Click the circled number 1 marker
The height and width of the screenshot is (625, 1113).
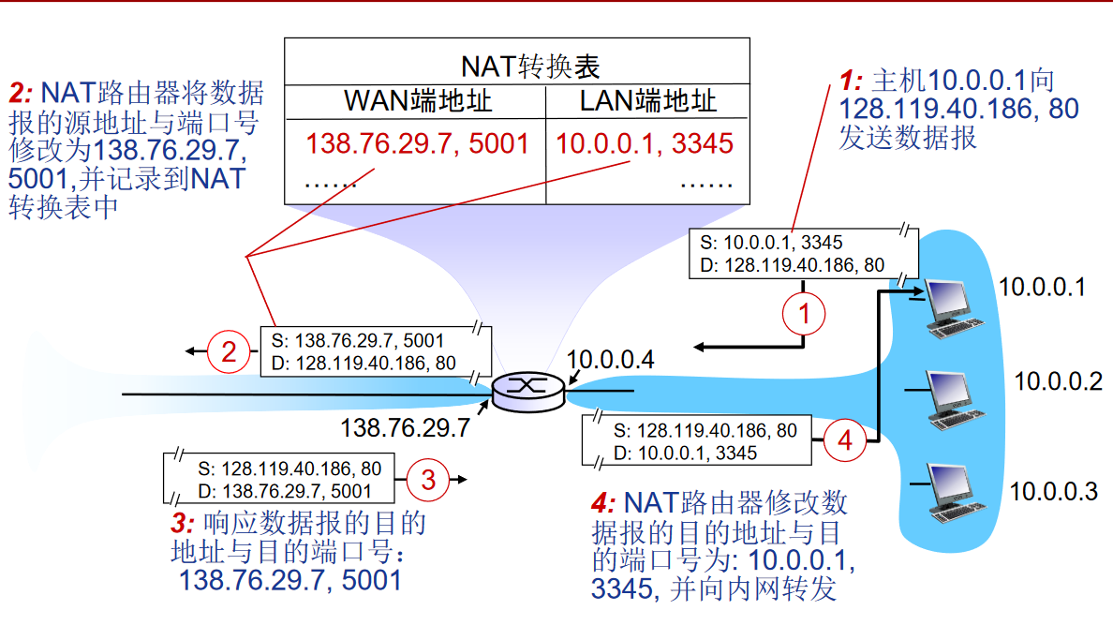(x=803, y=314)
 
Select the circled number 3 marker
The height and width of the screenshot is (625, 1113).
(x=428, y=480)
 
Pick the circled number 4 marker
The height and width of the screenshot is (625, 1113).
(x=845, y=439)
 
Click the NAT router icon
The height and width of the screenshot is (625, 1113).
(x=528, y=389)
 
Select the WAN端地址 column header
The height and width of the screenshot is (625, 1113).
(x=417, y=101)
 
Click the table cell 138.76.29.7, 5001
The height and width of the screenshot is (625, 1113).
(x=417, y=143)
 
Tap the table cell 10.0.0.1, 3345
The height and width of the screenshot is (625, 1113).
(x=645, y=143)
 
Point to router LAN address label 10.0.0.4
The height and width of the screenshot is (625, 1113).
(x=610, y=358)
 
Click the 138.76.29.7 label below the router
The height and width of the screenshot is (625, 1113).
(x=404, y=428)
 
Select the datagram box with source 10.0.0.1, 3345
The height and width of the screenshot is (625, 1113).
(x=793, y=254)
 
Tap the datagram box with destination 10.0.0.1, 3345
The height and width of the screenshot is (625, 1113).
(x=697, y=441)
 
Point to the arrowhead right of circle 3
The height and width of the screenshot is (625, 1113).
(x=460, y=480)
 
